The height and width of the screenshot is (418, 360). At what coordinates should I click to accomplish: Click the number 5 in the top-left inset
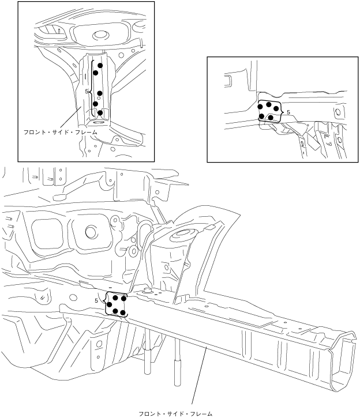click(x=87, y=92)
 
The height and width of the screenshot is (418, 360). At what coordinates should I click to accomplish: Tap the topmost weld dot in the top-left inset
click(x=100, y=65)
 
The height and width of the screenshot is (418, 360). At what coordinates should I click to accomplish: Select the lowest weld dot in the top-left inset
click(x=100, y=113)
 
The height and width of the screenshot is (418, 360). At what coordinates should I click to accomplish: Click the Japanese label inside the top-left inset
click(x=61, y=132)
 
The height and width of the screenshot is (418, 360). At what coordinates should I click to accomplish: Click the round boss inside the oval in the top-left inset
click(x=99, y=35)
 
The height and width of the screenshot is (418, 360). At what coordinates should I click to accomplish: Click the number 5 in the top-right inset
click(x=288, y=112)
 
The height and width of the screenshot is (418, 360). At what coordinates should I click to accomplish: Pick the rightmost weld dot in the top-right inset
click(x=276, y=108)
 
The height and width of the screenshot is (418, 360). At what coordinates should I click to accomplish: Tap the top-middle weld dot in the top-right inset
click(x=269, y=104)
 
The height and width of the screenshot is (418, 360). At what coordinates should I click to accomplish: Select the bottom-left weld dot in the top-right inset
click(x=262, y=116)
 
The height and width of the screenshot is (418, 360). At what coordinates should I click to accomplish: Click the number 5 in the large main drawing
click(x=96, y=301)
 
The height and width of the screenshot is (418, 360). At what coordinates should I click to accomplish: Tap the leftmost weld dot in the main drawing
click(x=110, y=304)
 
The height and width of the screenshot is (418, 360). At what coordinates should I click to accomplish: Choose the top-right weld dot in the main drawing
click(x=123, y=299)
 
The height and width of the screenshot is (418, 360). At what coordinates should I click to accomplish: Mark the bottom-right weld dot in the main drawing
click(x=123, y=312)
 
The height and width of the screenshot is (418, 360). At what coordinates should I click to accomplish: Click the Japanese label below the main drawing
click(x=175, y=414)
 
